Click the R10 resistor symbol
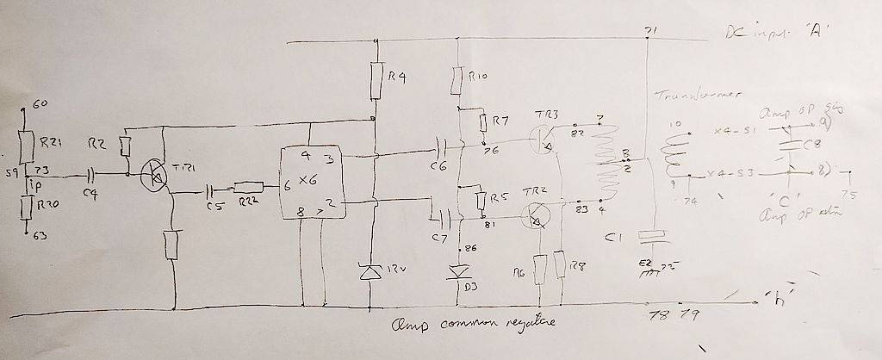pos(457,81)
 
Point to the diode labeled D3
pos(457,272)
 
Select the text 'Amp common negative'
pos(469,323)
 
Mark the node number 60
pos(39,105)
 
